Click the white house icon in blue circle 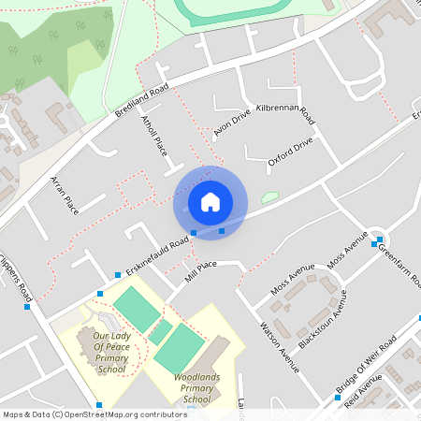(x=210, y=202)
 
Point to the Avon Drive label (x=232, y=123)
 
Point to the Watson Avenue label (x=278, y=347)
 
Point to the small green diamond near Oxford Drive (x=269, y=197)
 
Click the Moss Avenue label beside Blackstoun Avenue (x=293, y=280)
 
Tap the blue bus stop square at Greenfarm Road (x=373, y=243)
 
